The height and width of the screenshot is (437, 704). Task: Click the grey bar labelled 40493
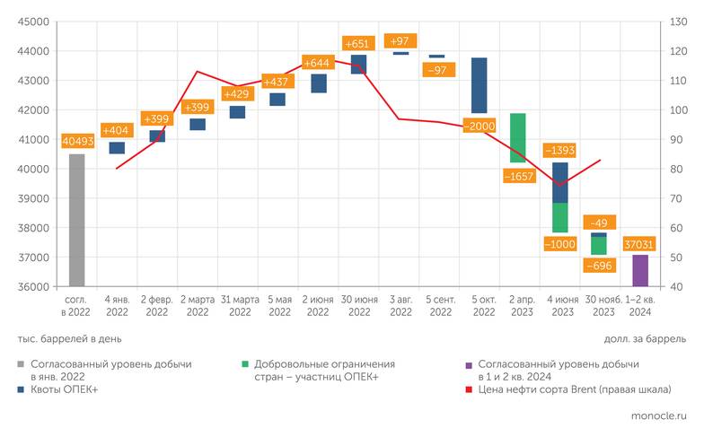coord(76,220)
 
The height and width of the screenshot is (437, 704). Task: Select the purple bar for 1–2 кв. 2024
coord(639,270)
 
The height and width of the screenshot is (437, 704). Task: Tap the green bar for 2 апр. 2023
coord(517,137)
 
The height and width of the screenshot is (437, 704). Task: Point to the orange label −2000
coord(480,126)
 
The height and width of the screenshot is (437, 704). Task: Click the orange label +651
coord(358,43)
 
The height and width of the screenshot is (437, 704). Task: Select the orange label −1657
coord(519,176)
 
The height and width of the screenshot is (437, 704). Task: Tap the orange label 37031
coord(639,243)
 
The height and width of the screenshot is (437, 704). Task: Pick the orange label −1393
coord(559,150)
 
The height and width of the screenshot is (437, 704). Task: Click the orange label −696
coord(599,266)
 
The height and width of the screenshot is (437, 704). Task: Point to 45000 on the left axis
coord(32,22)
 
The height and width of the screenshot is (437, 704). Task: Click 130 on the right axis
coord(674,22)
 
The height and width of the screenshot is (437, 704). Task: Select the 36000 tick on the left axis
coord(32,287)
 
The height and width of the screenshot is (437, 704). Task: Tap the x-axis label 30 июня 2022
coord(358,306)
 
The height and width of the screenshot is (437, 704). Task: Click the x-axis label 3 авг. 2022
coord(399,306)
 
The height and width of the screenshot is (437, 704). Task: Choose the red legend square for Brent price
coord(469,389)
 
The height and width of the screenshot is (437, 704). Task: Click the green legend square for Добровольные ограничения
coord(245,365)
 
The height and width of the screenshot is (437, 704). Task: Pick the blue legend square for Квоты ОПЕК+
coord(22,389)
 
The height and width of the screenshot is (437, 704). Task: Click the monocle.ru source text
coord(655,418)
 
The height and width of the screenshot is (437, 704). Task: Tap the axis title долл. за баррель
coord(645,339)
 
